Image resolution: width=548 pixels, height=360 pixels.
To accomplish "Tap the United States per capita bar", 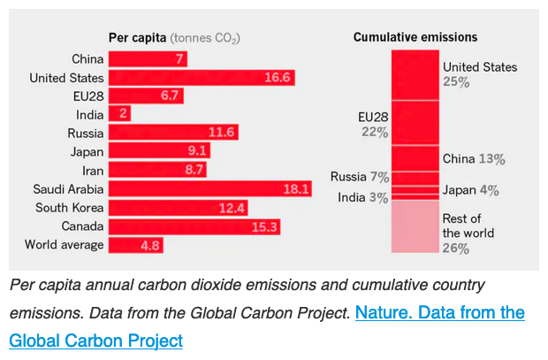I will (x=202, y=78).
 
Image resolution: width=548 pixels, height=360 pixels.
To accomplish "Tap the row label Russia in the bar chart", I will (x=86, y=133).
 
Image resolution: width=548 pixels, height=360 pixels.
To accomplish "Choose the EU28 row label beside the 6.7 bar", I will (x=88, y=96).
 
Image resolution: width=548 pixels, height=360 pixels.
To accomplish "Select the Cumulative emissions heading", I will (x=415, y=37).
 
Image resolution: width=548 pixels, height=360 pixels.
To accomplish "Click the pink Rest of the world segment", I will (x=415, y=228).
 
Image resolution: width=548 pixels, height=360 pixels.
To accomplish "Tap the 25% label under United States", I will (x=456, y=82).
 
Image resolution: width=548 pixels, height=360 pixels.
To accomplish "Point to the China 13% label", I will (x=474, y=159).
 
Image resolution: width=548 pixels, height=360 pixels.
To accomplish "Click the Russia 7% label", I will (x=360, y=177).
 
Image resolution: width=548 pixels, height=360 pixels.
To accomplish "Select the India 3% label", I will (x=362, y=197).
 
